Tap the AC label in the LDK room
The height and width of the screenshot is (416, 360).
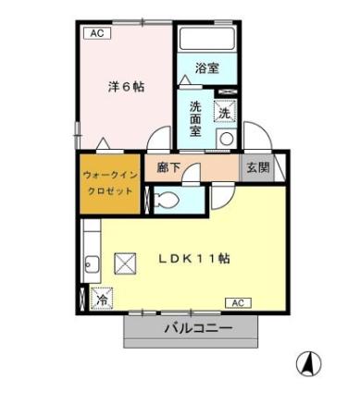(x=237, y=302)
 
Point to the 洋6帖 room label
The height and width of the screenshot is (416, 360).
(x=125, y=86)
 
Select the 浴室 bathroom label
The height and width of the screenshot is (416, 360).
(x=206, y=67)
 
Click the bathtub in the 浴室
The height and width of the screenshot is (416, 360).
(x=206, y=40)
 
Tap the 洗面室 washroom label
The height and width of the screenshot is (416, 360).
(x=195, y=118)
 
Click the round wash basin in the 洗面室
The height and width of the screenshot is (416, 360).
(x=225, y=139)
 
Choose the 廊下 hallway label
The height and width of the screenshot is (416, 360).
(x=168, y=169)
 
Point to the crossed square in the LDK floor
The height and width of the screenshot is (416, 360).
(x=125, y=264)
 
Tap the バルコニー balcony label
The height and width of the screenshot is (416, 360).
(x=198, y=328)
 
